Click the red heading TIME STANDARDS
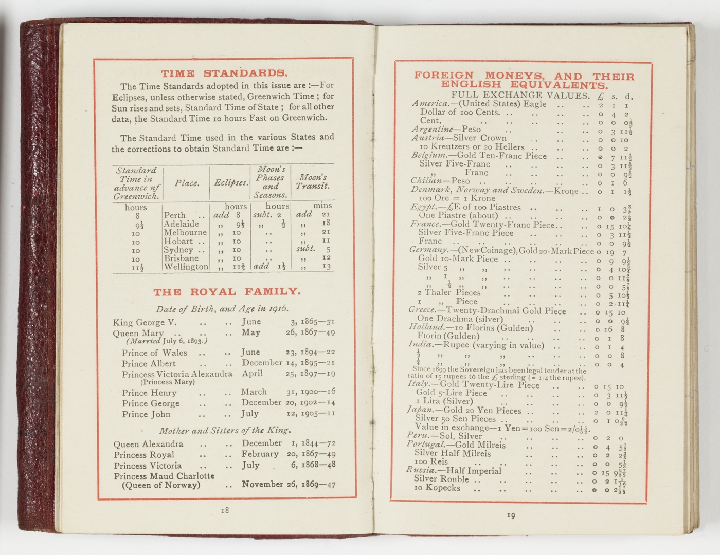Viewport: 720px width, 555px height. (224, 73)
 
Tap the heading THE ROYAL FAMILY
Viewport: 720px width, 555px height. (227, 292)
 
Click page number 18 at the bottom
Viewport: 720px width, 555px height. (225, 510)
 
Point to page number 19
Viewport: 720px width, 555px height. (511, 515)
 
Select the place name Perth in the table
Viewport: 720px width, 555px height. (174, 215)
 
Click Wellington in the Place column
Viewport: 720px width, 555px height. (186, 267)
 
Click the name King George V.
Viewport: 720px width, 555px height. (145, 323)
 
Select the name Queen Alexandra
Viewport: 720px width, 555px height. (148, 444)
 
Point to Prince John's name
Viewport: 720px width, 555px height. (146, 414)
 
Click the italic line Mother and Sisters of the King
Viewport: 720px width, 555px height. (225, 431)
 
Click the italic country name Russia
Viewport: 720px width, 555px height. (420, 470)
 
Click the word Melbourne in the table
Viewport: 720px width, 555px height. (185, 233)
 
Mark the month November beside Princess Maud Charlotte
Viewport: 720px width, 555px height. (262, 484)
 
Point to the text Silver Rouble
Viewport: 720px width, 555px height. (441, 479)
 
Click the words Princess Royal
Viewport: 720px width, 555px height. (144, 455)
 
